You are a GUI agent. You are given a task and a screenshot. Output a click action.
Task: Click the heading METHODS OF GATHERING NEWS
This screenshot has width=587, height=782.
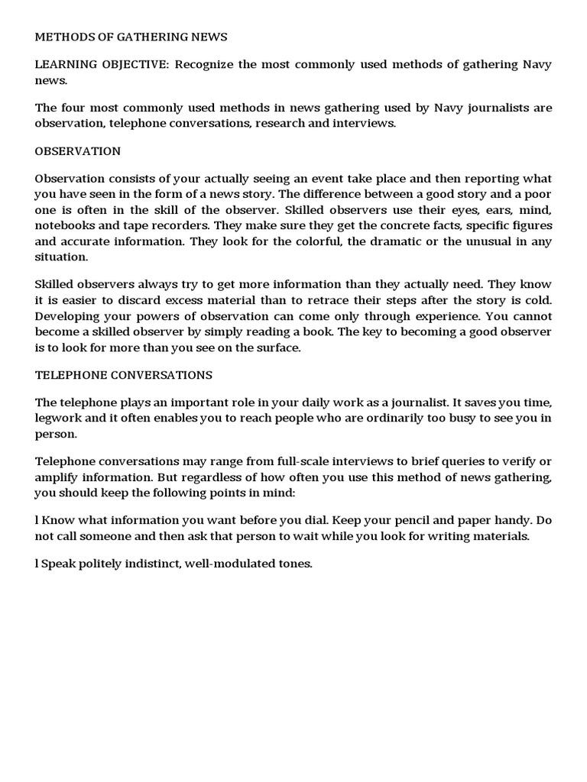tap(131, 37)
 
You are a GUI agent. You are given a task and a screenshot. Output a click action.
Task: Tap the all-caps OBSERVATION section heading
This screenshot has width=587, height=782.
tap(77, 151)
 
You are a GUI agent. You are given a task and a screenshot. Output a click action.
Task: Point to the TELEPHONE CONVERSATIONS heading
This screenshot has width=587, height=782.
tap(124, 375)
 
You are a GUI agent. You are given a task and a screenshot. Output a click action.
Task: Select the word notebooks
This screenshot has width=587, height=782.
tap(65, 225)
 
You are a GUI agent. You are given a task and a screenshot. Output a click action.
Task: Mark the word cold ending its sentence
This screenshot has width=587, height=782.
tap(537, 301)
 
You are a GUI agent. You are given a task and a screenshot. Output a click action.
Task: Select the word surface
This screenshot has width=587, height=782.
tap(277, 347)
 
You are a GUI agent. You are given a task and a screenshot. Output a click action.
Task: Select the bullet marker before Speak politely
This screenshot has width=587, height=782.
tap(37, 564)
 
